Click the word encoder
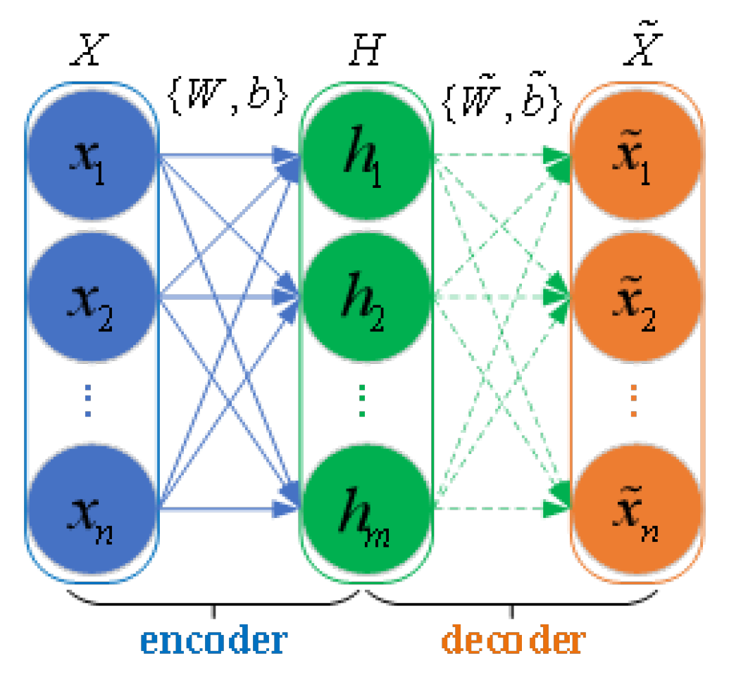pos(213,641)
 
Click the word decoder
pos(513,641)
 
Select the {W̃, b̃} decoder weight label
pos(502,97)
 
